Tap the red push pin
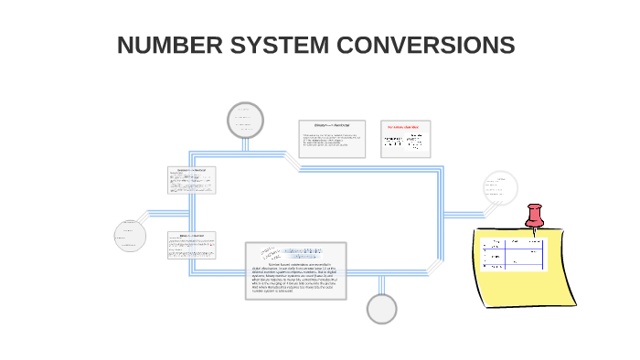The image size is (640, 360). click(x=535, y=217)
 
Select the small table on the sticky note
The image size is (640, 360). click(x=513, y=253)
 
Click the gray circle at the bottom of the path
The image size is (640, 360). click(x=382, y=309)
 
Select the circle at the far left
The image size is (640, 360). click(x=130, y=235)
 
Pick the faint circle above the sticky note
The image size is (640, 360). click(x=500, y=187)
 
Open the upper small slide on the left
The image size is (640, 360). click(x=192, y=180)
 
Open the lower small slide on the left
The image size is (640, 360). click(x=192, y=244)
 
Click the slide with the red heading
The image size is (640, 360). click(x=406, y=139)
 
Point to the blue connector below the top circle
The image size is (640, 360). click(x=244, y=144)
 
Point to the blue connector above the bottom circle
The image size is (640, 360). click(x=382, y=284)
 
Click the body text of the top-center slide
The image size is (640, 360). click(x=331, y=141)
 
